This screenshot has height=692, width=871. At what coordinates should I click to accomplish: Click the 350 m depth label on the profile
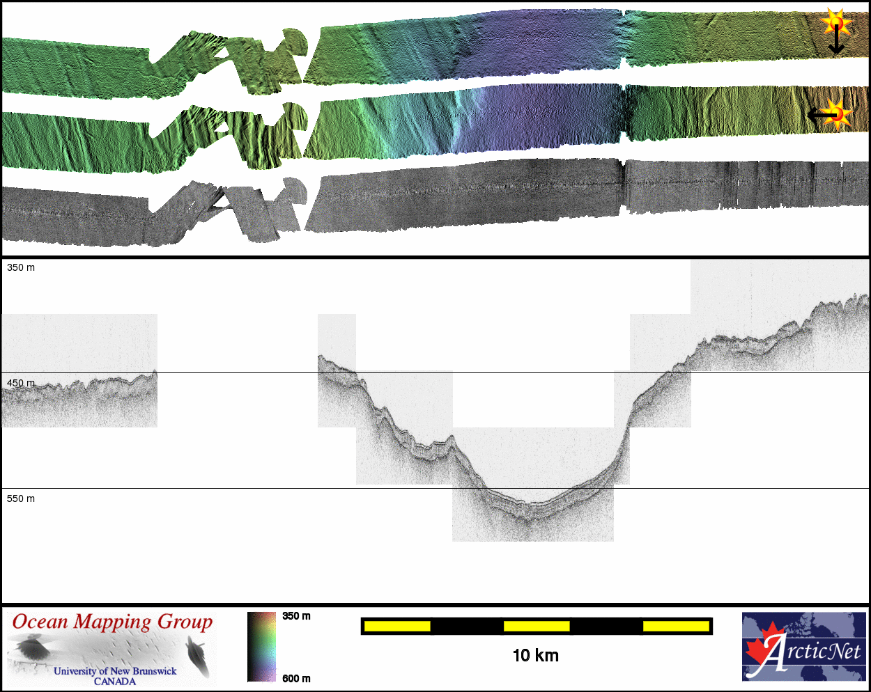point(21,268)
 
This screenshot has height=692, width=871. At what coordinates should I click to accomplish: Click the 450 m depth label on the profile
point(21,383)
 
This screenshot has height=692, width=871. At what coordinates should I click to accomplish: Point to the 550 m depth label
point(21,498)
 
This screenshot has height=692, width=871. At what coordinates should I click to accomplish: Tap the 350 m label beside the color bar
point(296,616)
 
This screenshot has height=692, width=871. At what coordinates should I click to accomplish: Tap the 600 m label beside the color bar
point(296,678)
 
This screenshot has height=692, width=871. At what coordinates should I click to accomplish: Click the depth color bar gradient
point(261,647)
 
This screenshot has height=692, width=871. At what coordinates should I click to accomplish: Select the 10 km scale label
point(535,656)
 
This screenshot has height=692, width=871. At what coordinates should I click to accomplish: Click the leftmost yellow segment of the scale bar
point(397,626)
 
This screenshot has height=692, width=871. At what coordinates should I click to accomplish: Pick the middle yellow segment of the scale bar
point(537,626)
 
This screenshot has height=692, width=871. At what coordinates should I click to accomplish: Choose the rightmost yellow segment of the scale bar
point(676,626)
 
